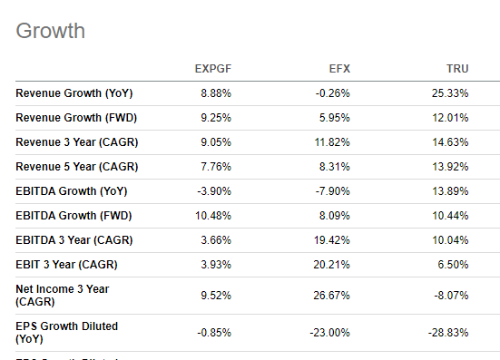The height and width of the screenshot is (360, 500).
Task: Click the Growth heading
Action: (51, 31)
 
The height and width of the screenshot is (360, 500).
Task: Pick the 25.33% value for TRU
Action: (450, 93)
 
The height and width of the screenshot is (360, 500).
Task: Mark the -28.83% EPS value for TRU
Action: (448, 332)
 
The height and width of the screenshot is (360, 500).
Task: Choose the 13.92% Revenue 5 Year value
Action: (450, 166)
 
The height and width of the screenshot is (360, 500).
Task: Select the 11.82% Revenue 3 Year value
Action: (331, 141)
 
